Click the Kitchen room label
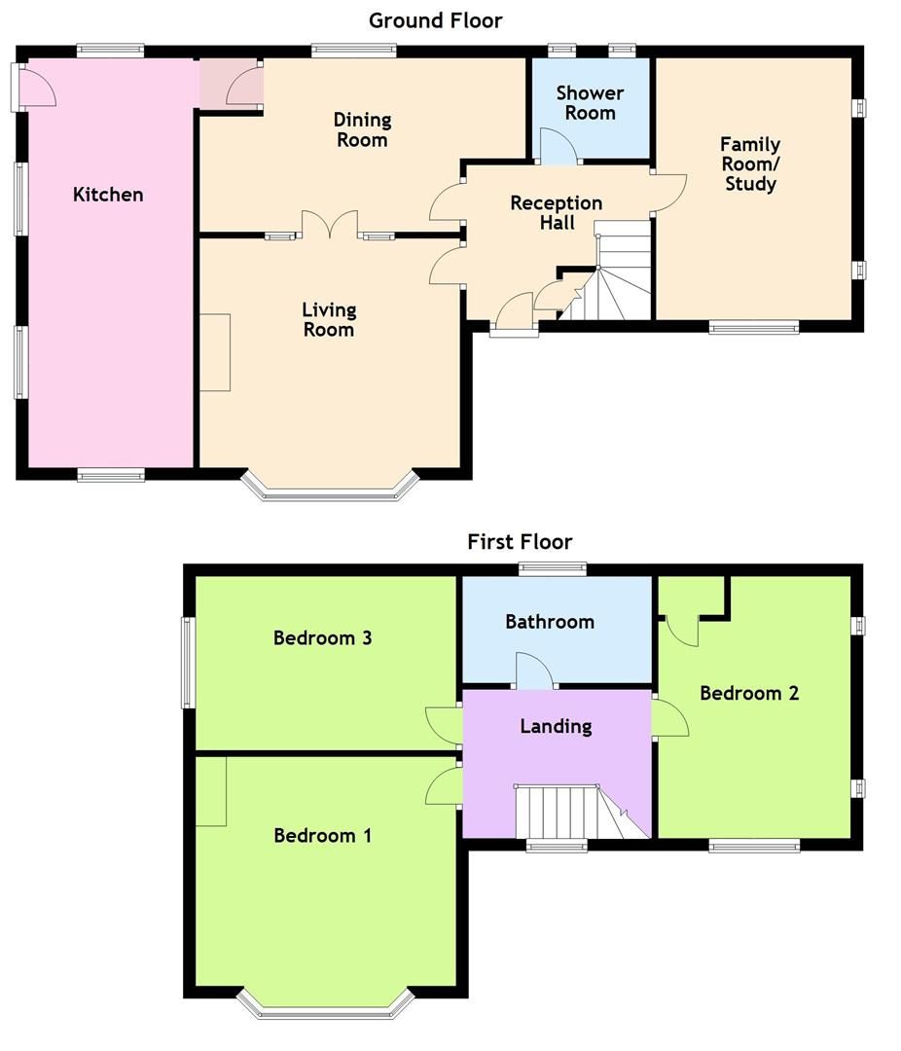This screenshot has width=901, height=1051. click(108, 195)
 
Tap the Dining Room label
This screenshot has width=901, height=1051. click(361, 129)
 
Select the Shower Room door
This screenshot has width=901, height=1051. click(558, 146)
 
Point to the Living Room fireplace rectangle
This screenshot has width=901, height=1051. click(215, 352)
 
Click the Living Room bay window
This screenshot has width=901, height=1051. click(331, 489)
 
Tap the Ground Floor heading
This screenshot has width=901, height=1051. click(435, 19)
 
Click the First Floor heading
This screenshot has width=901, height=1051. click(520, 541)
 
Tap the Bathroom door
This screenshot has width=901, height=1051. click(534, 672)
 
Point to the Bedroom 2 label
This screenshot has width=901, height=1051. click(749, 693)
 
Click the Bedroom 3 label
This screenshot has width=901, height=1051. click(322, 638)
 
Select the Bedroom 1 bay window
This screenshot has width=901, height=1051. click(327, 1007)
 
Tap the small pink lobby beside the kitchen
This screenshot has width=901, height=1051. click(231, 85)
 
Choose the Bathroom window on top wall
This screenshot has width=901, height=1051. click(553, 570)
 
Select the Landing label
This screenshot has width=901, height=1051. click(556, 726)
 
